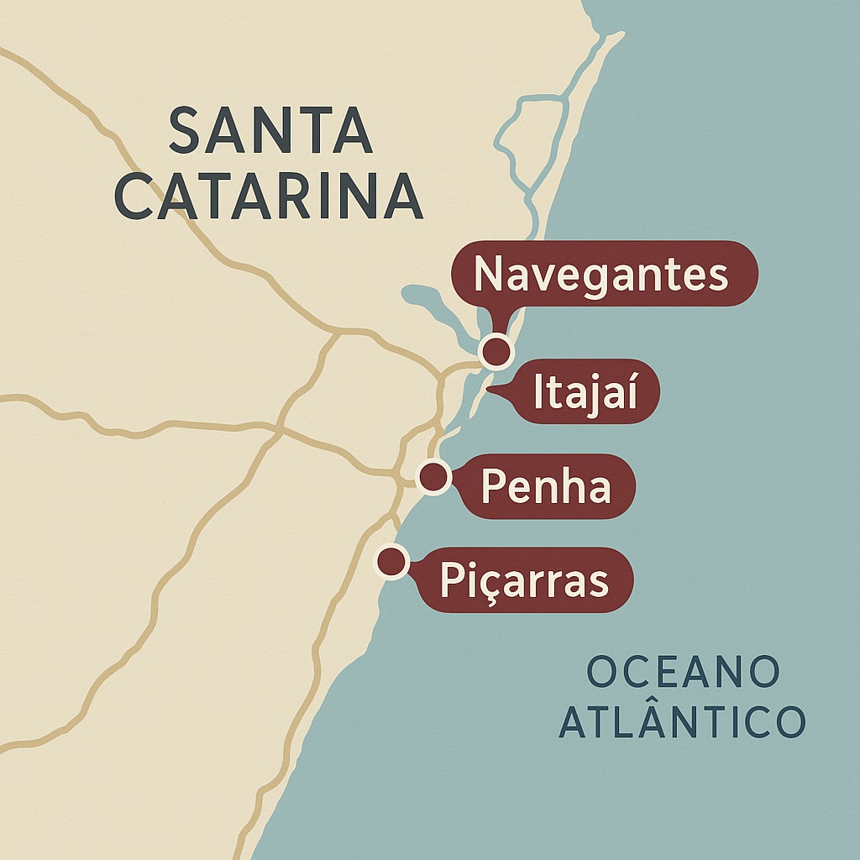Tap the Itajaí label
pos(586,391)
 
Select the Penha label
pos(547,486)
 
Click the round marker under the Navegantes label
pos(496,351)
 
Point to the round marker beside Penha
pos(433,477)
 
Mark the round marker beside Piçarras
pos(391,561)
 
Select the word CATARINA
pos(269,197)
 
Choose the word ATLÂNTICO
pos(682,722)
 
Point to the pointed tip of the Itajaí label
pos(490,389)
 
